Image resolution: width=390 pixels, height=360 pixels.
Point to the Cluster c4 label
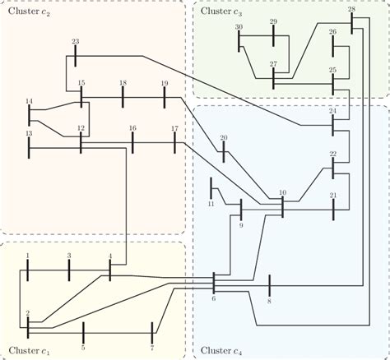221,351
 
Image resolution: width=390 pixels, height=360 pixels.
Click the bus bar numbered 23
75,55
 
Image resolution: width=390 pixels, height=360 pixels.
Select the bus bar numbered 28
351,21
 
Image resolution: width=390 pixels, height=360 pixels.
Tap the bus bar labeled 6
213,283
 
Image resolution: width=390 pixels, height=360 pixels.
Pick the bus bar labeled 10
282,205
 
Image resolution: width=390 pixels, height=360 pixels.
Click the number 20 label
223,137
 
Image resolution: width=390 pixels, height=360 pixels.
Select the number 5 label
83,325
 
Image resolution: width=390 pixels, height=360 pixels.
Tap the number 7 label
152,325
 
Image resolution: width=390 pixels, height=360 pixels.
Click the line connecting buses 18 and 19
143,96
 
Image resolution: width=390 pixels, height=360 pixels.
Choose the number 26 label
333,31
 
